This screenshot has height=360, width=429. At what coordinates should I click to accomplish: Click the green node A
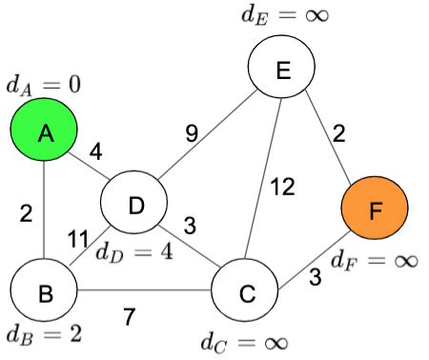45,134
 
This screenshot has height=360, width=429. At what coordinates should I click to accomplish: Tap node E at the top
281,68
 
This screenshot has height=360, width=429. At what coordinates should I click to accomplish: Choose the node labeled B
44,292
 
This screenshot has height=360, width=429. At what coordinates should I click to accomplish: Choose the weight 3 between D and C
190,227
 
